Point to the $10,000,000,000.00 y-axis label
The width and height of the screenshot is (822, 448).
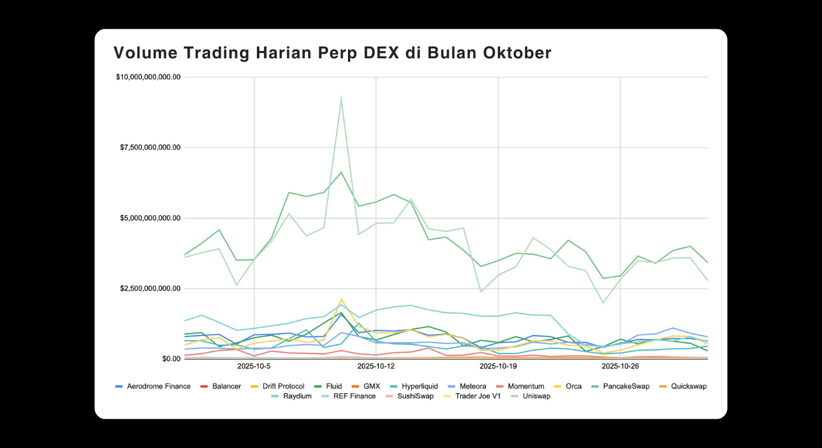(x=148, y=77)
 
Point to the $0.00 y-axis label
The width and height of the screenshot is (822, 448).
(x=170, y=359)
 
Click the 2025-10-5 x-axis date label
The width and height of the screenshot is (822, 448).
(x=254, y=366)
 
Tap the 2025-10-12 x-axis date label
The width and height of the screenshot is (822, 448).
(x=376, y=366)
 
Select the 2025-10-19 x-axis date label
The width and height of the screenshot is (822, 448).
(x=498, y=366)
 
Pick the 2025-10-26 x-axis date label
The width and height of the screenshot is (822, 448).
(x=620, y=366)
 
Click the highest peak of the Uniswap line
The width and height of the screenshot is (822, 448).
(x=341, y=98)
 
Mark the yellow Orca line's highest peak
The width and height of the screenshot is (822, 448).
(x=341, y=299)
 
